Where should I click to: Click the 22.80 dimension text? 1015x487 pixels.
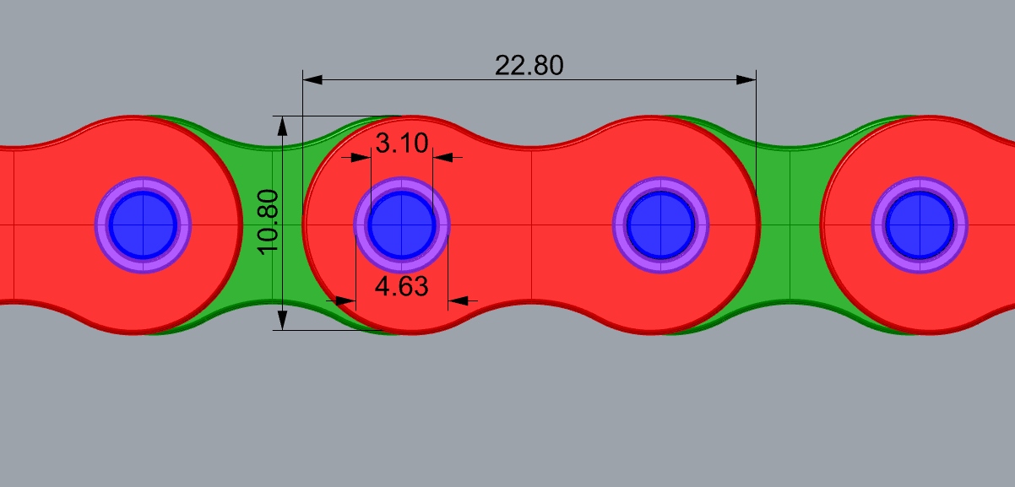pos(529,65)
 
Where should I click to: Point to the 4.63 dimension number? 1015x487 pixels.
pos(401,286)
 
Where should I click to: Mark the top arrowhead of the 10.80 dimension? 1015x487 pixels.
pos(283,125)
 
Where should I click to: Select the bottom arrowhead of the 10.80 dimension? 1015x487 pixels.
pos(283,320)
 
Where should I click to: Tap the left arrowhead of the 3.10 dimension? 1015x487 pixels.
pos(361,156)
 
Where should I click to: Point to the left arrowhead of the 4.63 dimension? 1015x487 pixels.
pos(345,300)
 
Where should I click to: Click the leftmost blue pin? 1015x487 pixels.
pos(143,225)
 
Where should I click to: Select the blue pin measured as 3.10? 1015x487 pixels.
pos(401,225)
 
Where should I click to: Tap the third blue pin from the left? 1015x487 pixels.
pos(660,225)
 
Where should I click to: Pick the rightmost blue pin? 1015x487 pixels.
pos(919,225)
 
